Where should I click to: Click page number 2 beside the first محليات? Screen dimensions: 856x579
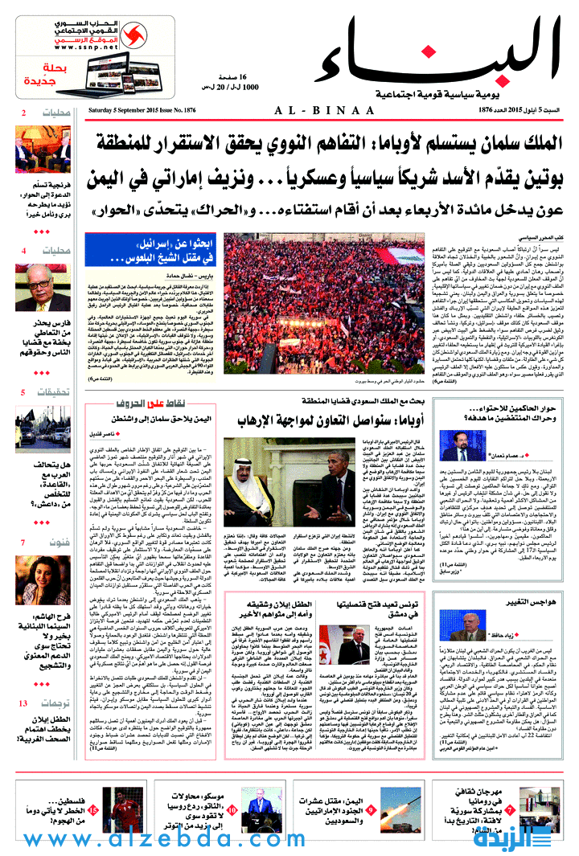click(x=23, y=113)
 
